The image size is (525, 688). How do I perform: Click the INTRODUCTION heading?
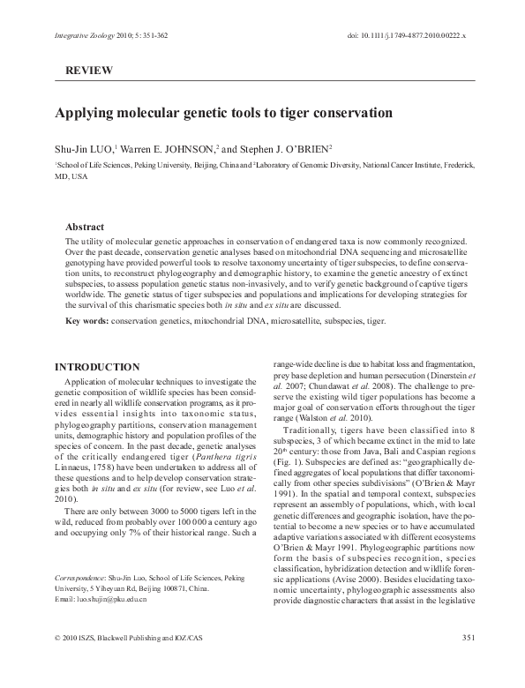pyautogui.click(x=97, y=367)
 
